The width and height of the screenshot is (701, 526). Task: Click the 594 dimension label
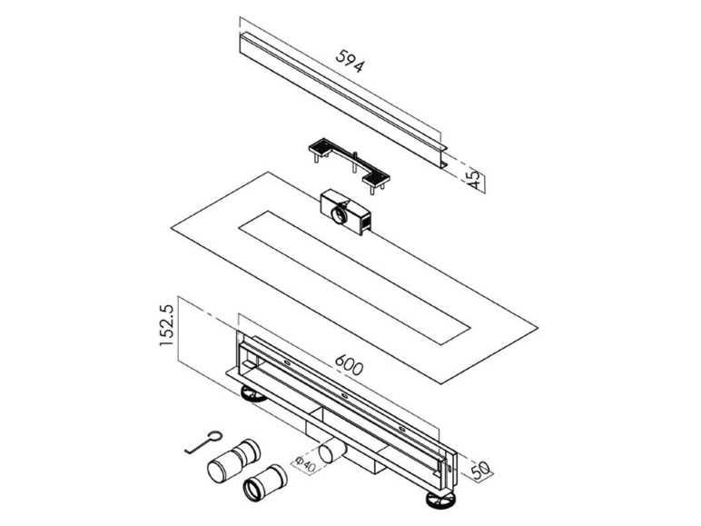tap(350, 60)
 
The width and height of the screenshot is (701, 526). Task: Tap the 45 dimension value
tap(474, 180)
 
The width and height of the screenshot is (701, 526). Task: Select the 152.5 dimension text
tap(166, 324)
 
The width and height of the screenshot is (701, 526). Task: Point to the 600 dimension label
tap(350, 364)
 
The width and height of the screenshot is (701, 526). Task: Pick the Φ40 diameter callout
tap(306, 463)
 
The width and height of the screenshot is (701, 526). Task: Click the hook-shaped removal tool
tap(203, 442)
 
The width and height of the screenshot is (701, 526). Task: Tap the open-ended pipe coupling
tap(264, 484)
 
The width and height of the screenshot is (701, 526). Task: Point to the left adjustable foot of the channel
tap(253, 394)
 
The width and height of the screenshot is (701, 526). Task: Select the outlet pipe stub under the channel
tap(331, 452)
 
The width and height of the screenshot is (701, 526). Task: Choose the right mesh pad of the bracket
tap(376, 178)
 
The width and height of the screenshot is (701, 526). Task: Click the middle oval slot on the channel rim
tap(345, 395)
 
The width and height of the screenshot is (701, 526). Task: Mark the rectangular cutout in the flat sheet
tap(354, 277)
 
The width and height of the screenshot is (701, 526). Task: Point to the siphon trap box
tap(345, 212)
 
